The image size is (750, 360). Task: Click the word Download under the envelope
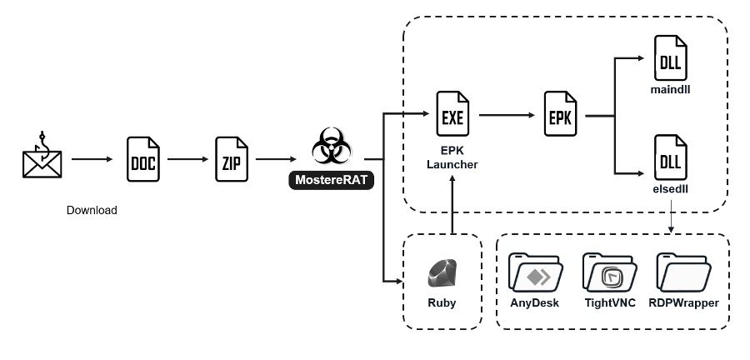tap(92, 211)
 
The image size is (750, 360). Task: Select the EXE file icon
tap(453, 117)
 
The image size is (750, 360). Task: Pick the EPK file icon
tap(561, 117)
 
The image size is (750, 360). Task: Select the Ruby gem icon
tap(442, 273)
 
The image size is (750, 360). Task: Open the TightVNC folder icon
tap(609, 272)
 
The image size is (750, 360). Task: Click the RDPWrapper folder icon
tap(683, 272)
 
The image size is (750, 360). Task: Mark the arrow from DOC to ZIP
tap(187, 157)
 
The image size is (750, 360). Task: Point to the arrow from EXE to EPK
tap(507, 117)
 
